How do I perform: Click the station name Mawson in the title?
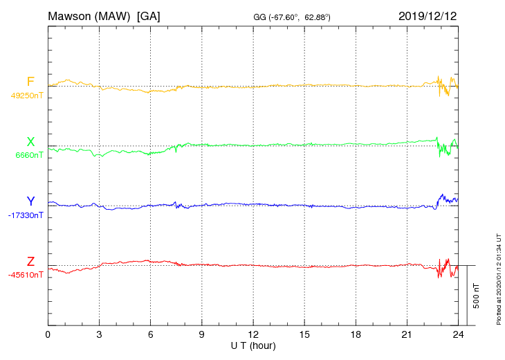[x=71, y=15]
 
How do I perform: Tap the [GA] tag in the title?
[x=149, y=15]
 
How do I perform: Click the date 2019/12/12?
[x=428, y=15]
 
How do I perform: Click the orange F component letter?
[x=30, y=82]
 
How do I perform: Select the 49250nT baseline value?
[x=27, y=96]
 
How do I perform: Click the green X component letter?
[x=30, y=142]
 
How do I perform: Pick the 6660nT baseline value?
[x=29, y=155]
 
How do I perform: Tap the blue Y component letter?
[x=30, y=201]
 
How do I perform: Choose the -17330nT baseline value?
[x=27, y=215]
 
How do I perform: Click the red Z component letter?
[x=30, y=262]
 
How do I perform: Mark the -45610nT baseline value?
[x=27, y=275]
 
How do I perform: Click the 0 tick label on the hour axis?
[x=48, y=335]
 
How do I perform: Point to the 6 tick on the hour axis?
[x=150, y=335]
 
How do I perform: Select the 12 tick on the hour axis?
[x=253, y=335]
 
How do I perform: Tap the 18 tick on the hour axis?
[x=356, y=335]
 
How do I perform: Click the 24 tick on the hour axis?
[x=458, y=335]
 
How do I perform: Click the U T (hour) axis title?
[x=253, y=345]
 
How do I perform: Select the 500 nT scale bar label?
[x=477, y=296]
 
